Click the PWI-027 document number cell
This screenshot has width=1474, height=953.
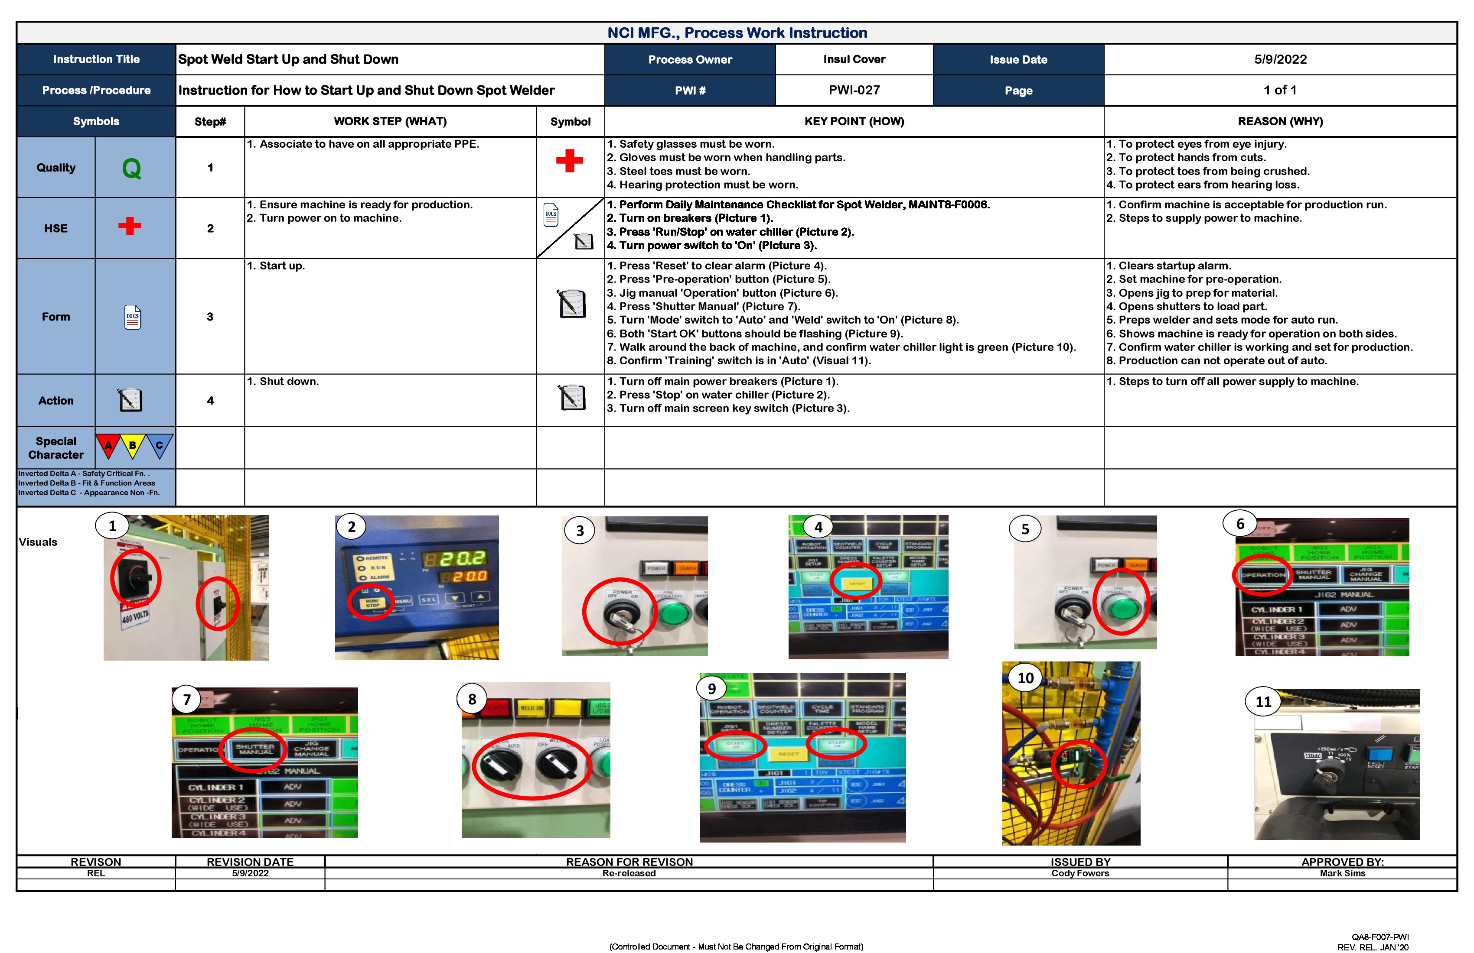pyautogui.click(x=854, y=91)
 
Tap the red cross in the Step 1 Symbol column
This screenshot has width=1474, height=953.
pyautogui.click(x=569, y=161)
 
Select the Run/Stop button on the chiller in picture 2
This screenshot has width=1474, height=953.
pyautogui.click(x=372, y=603)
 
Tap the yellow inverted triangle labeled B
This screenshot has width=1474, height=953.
pyautogui.click(x=133, y=446)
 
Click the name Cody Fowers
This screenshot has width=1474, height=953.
pyautogui.click(x=1080, y=873)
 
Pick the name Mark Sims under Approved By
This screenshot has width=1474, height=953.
pyautogui.click(x=1342, y=873)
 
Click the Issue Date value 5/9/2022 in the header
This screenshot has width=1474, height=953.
pyautogui.click(x=1280, y=59)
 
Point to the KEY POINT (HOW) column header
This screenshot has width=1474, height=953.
pyautogui.click(x=854, y=121)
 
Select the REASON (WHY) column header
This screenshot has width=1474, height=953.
pyautogui.click(x=1280, y=121)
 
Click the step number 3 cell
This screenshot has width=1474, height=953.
pyautogui.click(x=210, y=317)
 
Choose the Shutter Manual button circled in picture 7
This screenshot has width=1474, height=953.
pyautogui.click(x=254, y=749)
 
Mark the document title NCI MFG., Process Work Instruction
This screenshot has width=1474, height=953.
pyautogui.click(x=737, y=33)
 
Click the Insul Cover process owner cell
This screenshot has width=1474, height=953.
pyautogui.click(x=854, y=59)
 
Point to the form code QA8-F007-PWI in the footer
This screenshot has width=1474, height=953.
pyautogui.click(x=1380, y=937)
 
